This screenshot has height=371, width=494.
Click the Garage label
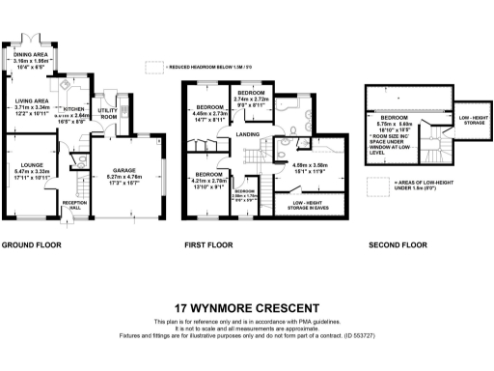[x=122, y=168]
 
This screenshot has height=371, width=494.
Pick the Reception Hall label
[x=74, y=205]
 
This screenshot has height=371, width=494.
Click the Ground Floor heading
[x=31, y=245]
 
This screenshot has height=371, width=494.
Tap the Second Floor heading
[x=398, y=245]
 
